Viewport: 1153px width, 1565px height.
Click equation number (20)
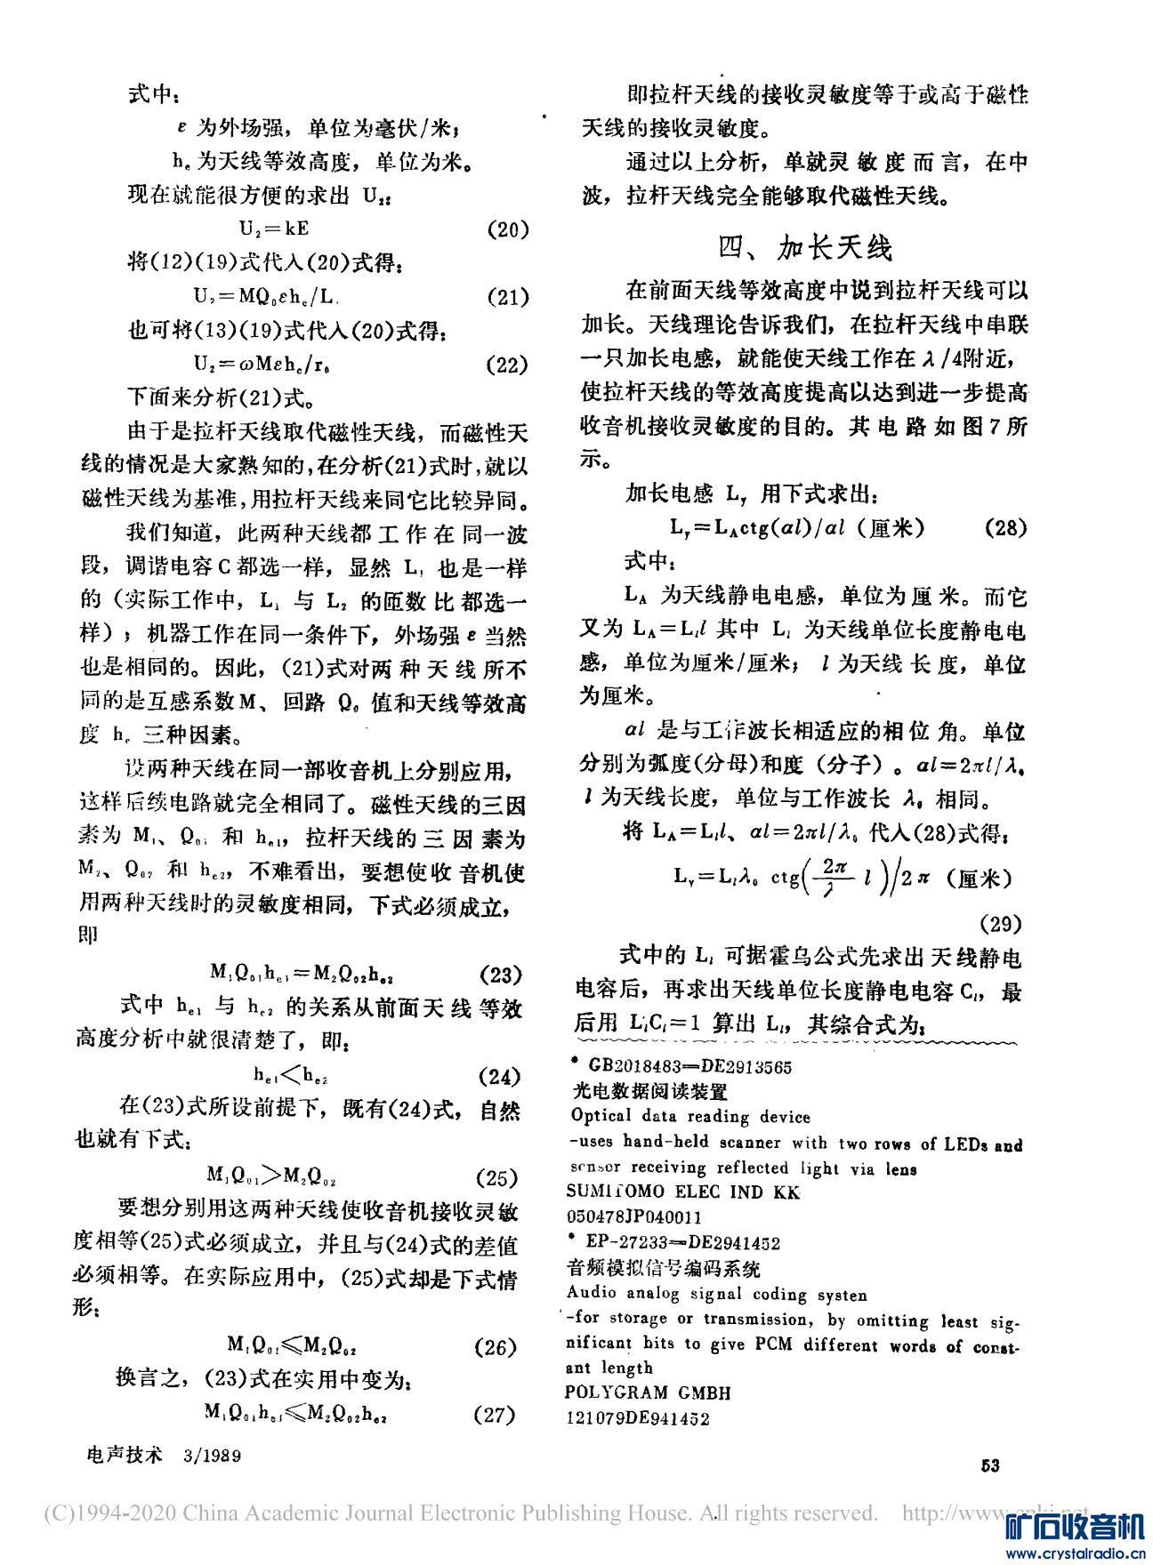[x=509, y=229]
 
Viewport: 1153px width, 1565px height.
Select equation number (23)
[x=500, y=975]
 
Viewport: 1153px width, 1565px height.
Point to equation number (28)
[x=1006, y=527]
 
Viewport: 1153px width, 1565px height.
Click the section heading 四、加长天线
[x=805, y=248]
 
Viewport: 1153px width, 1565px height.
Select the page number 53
[x=989, y=1465]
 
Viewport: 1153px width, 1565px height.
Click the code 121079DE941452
[x=637, y=1418]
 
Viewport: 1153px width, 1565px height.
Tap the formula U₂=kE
[x=274, y=229]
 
